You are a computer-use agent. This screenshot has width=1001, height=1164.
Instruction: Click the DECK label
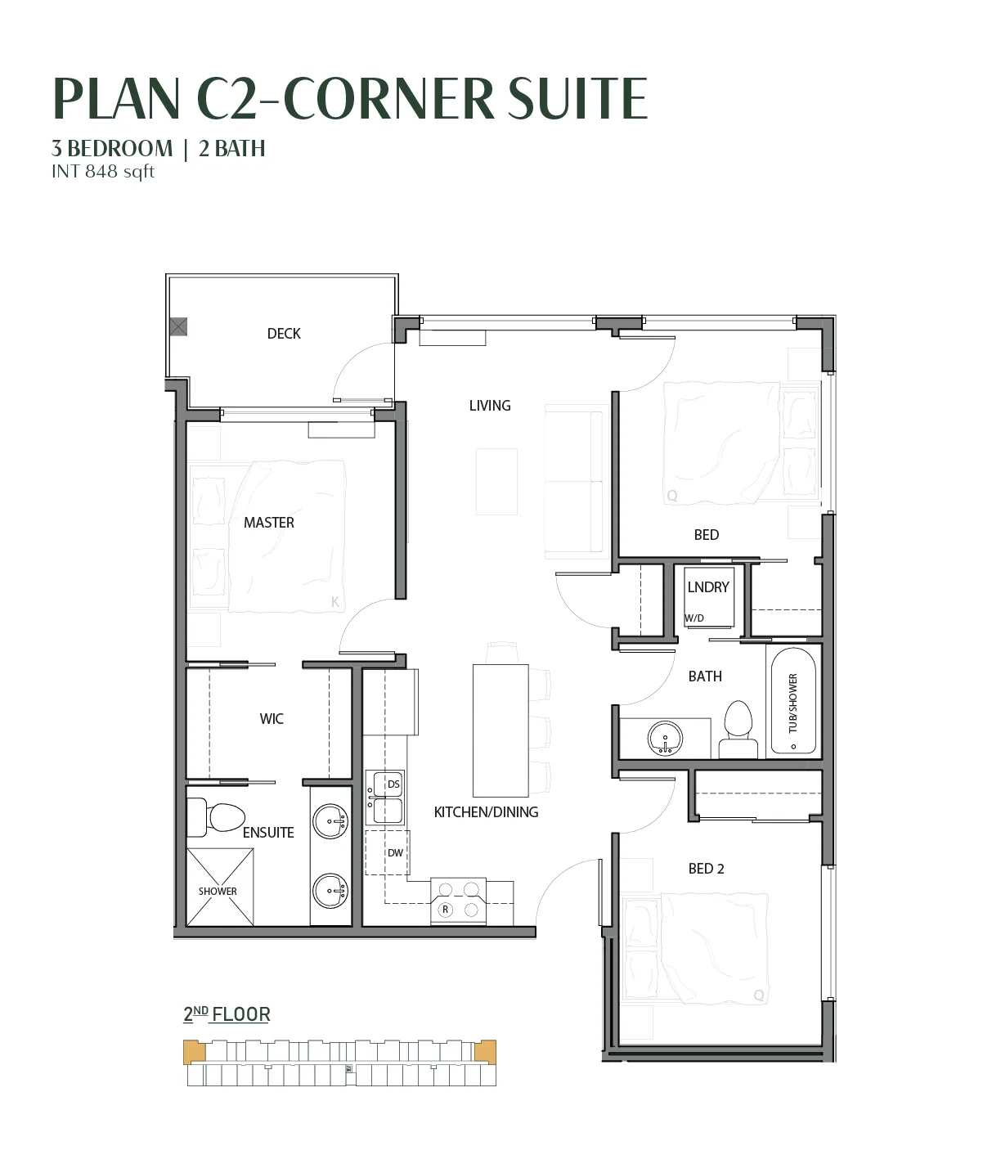[x=284, y=334]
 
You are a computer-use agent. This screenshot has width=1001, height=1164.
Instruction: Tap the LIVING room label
[x=490, y=406]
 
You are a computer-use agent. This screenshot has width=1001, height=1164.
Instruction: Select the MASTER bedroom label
[x=268, y=523]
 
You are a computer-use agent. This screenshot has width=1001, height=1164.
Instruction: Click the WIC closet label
[x=272, y=718]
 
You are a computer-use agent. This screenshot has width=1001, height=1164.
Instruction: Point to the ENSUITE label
[x=268, y=833]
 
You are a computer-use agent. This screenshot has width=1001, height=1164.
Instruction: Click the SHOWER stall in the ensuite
[x=219, y=887]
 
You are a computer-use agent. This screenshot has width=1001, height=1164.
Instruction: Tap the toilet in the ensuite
[x=216, y=817]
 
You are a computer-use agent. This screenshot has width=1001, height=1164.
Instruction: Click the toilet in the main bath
[x=738, y=730]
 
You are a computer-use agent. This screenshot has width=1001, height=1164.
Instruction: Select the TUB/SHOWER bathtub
[x=793, y=701]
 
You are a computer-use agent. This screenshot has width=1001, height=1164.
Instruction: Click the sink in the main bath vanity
[x=665, y=738]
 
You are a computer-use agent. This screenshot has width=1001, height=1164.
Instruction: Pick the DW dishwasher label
[x=395, y=852]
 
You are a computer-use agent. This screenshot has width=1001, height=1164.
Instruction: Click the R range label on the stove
[x=446, y=910]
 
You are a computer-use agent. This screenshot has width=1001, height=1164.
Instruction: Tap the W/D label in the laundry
[x=694, y=618]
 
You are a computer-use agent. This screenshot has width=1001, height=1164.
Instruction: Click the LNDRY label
[x=707, y=586]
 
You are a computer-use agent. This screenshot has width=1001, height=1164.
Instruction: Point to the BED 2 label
[x=706, y=869]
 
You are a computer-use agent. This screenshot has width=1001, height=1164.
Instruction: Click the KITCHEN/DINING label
[x=486, y=812]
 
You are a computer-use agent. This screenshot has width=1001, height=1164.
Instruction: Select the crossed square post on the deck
[x=178, y=326]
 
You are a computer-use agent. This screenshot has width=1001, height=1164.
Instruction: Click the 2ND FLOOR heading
[x=227, y=1014]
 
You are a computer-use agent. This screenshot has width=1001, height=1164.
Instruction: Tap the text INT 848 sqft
[x=102, y=171]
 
